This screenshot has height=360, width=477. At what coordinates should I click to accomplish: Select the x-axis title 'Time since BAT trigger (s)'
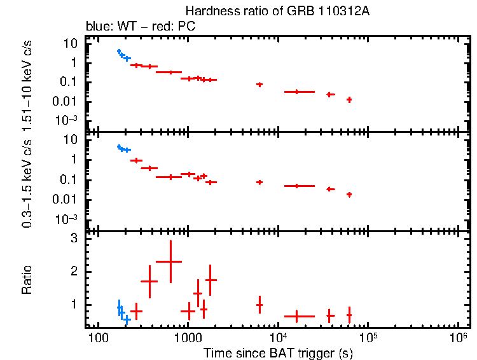coord(278,352)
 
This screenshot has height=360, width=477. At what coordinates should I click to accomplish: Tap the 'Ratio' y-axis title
coord(27,280)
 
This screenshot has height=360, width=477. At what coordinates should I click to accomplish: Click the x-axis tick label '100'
coord(98,338)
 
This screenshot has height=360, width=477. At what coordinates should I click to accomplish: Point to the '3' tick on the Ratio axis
coord(74,239)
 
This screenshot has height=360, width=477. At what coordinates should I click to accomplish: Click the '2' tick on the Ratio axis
coord(74,272)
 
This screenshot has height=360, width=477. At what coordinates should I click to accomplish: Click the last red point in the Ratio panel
coord(349,315)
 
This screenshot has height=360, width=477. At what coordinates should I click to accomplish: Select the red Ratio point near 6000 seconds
coord(259,305)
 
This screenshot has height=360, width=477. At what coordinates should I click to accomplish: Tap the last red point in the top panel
coord(349,99)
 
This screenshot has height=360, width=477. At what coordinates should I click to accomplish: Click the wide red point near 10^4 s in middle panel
coord(296,186)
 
